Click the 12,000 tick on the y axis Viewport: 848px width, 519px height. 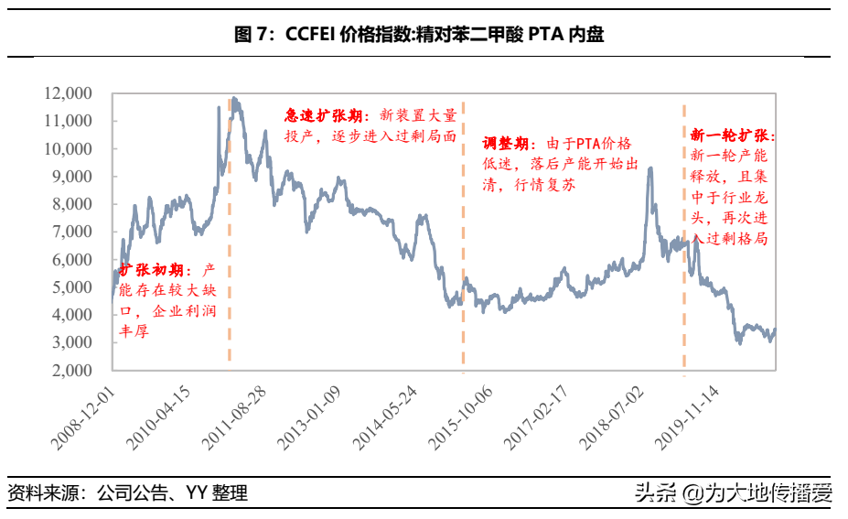click(x=68, y=93)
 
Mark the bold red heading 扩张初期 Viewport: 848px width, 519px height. click(x=153, y=272)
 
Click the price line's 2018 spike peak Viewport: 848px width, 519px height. click(x=649, y=168)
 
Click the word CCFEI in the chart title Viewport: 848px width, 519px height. click(x=309, y=36)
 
